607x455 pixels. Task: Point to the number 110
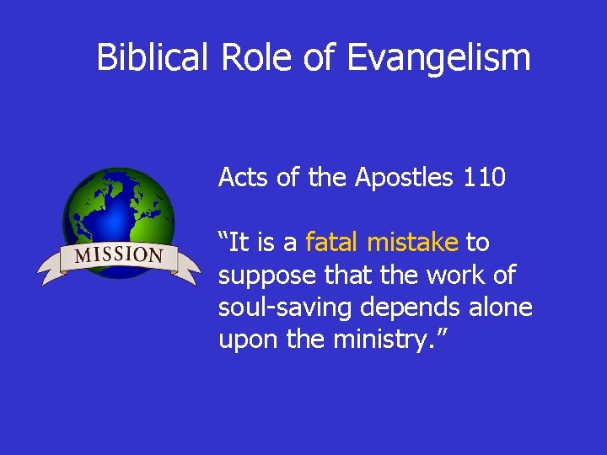pos(484,177)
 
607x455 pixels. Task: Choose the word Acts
pos(240,177)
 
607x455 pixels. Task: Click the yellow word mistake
pos(413,243)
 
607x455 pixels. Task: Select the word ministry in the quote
pos(383,340)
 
